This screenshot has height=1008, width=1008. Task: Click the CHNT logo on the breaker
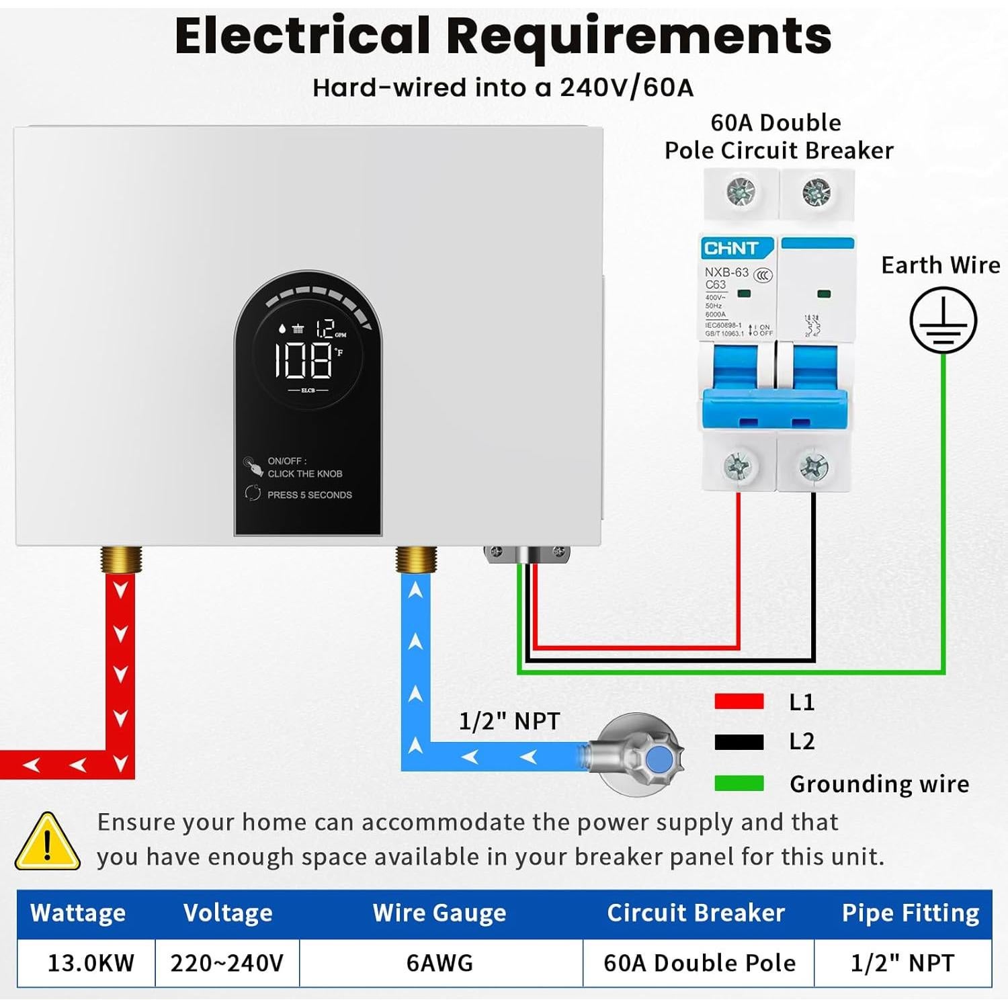point(731,249)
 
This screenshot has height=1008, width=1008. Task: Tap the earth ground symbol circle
point(943,321)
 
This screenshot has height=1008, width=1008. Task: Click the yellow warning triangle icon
point(47,842)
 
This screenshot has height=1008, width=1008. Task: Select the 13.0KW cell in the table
point(91,963)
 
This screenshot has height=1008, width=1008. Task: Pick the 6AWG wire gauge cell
point(439,963)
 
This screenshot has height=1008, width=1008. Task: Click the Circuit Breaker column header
point(696,913)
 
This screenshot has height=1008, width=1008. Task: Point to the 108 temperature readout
point(304,360)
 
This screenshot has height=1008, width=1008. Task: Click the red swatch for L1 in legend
point(739,702)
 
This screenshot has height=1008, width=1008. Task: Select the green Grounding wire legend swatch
point(739,784)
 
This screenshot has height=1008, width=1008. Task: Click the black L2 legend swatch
point(739,742)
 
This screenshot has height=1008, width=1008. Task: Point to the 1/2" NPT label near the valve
point(509,722)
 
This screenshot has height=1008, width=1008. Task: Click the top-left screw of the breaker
point(741,194)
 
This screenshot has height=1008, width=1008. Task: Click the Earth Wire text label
point(940,265)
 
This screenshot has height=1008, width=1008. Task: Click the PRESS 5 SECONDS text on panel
point(309,495)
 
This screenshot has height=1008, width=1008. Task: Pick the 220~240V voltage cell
point(227,963)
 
